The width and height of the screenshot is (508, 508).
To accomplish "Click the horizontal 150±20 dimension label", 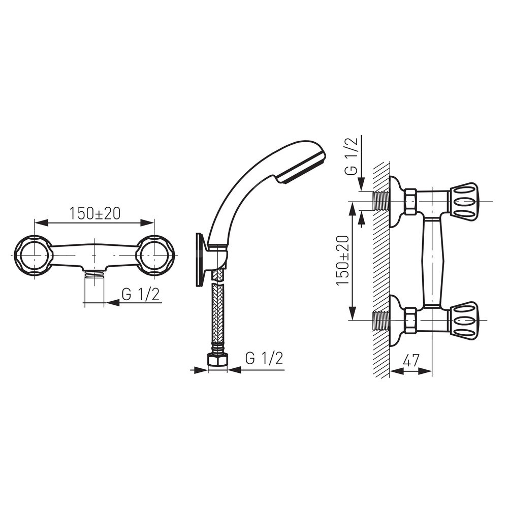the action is coord(94,213).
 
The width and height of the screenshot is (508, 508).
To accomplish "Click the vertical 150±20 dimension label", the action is coord(343,261).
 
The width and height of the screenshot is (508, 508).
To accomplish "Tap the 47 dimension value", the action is coord(411,361).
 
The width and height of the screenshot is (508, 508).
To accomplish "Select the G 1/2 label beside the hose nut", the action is coord(264,358).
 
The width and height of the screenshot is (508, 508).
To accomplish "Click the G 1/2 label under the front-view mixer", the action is coord(141,295).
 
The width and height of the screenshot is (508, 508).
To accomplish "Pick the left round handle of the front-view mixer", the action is coord(33,256).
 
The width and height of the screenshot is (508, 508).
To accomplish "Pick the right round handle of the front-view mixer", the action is coord(155,256).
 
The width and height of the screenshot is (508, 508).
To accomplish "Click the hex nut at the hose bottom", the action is coord(217,360).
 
